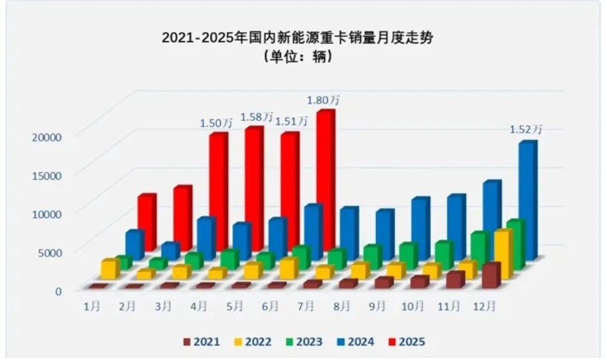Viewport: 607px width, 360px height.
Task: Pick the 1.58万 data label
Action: click(257, 117)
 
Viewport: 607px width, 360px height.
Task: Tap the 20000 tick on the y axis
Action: click(46, 137)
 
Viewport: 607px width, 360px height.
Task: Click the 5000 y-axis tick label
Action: click(49, 252)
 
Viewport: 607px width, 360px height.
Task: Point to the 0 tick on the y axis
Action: click(59, 290)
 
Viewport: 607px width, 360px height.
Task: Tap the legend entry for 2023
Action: click(303, 341)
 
